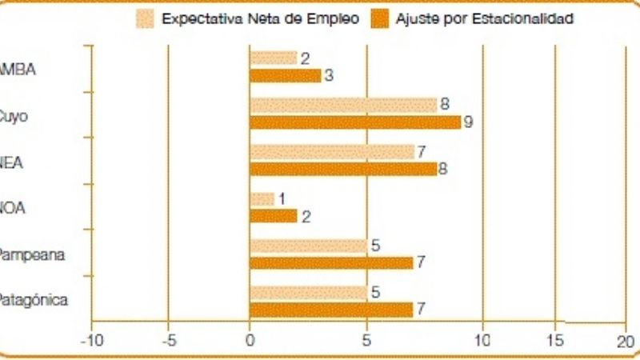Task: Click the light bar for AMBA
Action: (273, 58)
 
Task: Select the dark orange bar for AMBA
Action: (285, 76)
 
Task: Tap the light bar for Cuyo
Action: (343, 105)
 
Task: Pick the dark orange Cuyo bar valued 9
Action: (355, 122)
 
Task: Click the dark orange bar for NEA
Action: (343, 169)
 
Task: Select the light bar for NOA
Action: (262, 198)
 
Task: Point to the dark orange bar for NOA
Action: (273, 216)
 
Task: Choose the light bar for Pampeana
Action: (308, 246)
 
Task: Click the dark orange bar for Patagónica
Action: (331, 310)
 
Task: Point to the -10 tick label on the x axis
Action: (91, 340)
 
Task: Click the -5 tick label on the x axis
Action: (169, 340)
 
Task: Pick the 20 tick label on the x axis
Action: (625, 340)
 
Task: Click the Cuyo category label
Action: (14, 115)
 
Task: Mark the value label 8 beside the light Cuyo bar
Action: (444, 104)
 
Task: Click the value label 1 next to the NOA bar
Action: (281, 198)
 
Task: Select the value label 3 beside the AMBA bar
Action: (327, 76)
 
